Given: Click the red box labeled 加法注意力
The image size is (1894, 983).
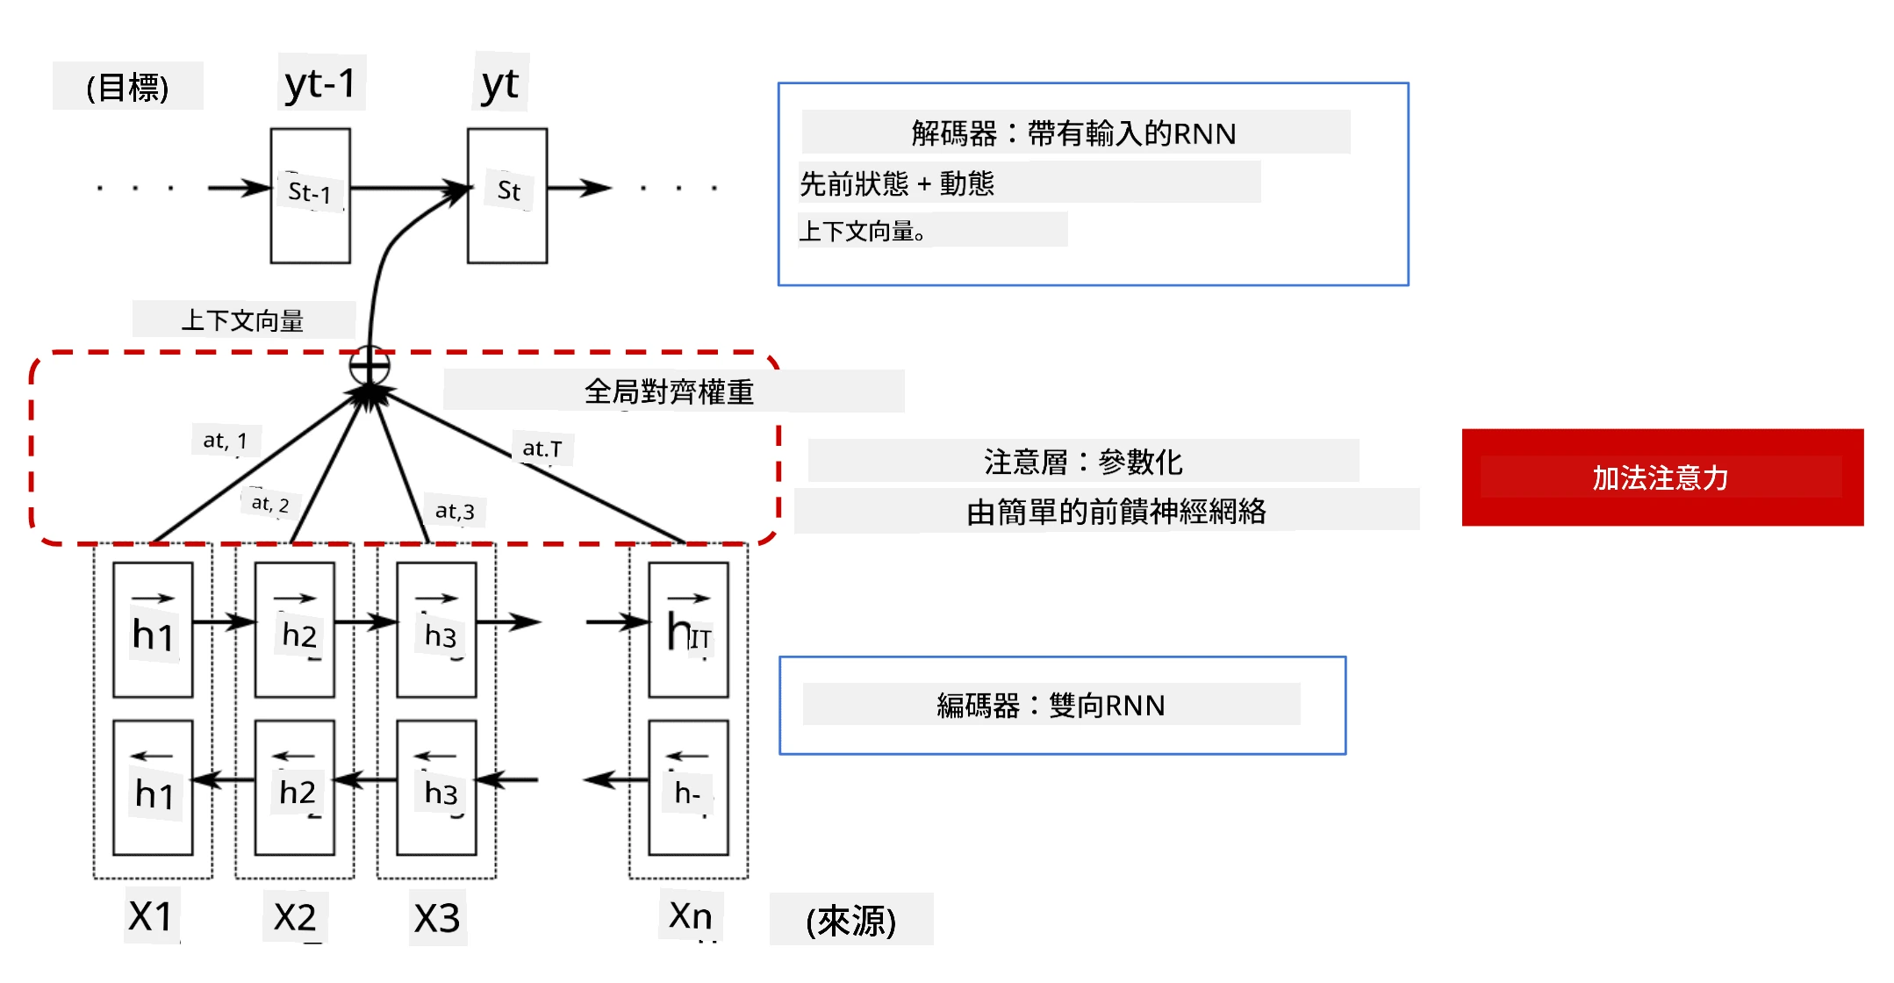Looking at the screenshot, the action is (1662, 477).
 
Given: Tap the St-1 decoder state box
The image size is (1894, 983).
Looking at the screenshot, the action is (311, 196).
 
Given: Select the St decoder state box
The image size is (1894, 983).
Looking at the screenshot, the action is (507, 196).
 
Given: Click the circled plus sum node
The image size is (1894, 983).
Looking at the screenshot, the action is (369, 366).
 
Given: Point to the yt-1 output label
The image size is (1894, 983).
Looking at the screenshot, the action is (320, 84).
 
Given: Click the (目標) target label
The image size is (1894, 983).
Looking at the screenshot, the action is (127, 87).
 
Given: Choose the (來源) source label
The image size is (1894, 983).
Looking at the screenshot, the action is (850, 921).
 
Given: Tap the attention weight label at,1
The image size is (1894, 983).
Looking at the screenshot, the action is (226, 440).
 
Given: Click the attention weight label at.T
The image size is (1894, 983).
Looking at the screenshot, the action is (542, 448).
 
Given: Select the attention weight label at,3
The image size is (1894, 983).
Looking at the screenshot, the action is (455, 511).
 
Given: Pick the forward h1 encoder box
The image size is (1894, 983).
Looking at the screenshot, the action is (153, 630).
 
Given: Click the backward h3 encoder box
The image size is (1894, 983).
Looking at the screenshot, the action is (436, 788).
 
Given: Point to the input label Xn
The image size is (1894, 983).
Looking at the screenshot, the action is (691, 915).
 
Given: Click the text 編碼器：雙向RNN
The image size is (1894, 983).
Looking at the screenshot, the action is (1051, 706).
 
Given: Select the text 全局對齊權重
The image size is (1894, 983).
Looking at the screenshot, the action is (669, 391).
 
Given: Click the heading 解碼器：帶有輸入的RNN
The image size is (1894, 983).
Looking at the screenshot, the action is (1073, 133).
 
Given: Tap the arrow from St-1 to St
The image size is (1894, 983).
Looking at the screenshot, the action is (409, 188).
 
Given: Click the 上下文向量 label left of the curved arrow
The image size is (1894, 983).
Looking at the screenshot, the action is (242, 320).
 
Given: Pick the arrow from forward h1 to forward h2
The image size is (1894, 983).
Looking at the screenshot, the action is (224, 622).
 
